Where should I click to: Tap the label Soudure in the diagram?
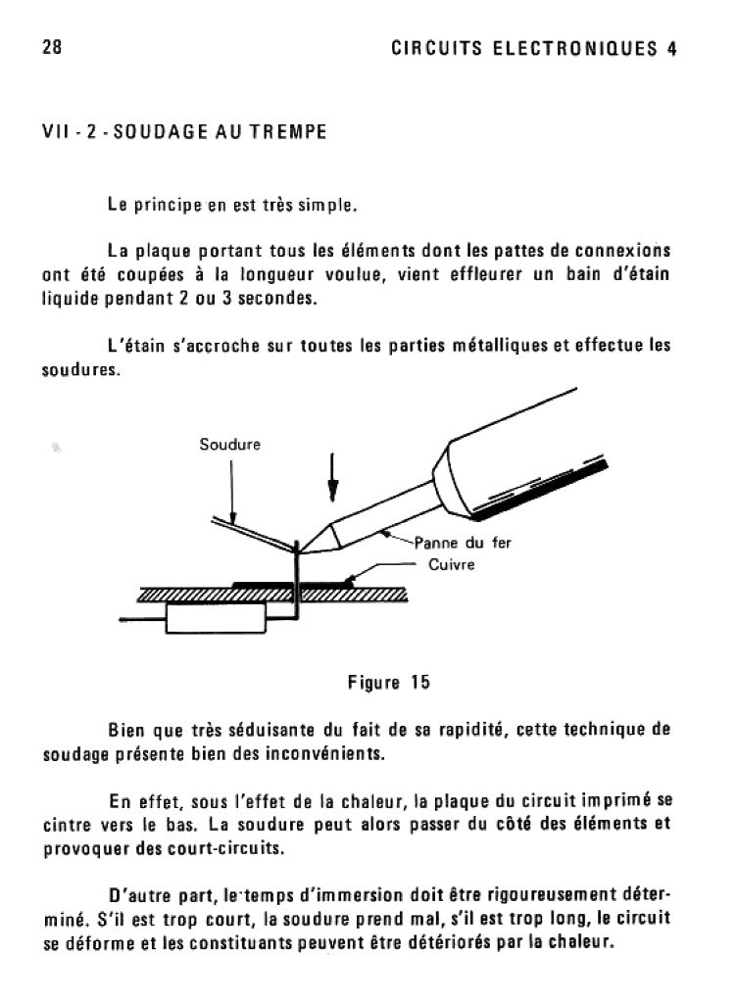coord(229,445)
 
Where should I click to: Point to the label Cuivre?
coord(452,565)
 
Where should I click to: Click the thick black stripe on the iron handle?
coord(549,490)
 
